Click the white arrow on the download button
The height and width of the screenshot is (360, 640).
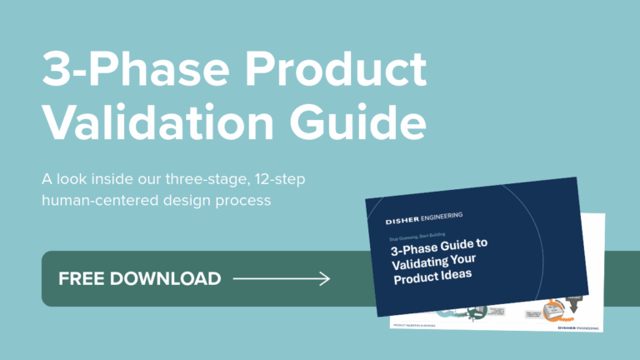coord(282,278)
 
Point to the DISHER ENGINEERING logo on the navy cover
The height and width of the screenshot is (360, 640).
coord(424,219)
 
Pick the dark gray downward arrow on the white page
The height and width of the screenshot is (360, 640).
coord(574,302)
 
